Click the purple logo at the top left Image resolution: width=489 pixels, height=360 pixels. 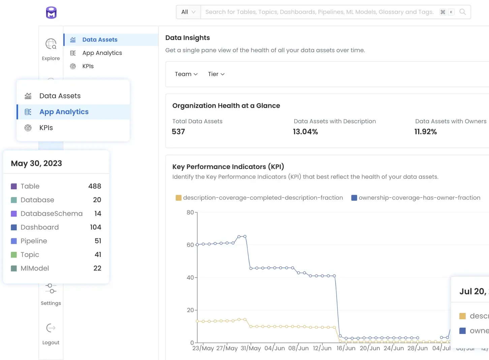[51, 12]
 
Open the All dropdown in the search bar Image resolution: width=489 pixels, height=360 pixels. [188, 12]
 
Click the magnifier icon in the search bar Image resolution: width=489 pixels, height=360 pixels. [463, 12]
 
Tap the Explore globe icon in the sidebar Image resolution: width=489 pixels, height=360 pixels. [51, 44]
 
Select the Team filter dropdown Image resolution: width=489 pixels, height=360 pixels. [186, 74]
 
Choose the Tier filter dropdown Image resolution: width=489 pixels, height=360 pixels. [216, 74]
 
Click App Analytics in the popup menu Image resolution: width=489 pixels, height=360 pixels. [64, 112]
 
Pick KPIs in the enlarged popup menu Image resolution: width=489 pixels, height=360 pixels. [46, 128]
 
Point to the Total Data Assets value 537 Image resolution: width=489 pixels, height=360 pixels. [178, 132]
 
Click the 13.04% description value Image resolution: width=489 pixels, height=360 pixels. [305, 132]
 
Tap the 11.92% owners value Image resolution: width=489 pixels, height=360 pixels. [426, 132]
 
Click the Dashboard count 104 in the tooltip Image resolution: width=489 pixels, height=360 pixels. [95, 227]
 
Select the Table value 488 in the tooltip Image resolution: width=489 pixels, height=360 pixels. [95, 186]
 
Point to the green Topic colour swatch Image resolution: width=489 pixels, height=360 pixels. [14, 255]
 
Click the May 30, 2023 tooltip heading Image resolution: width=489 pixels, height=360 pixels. [36, 163]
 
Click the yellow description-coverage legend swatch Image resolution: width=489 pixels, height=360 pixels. [179, 198]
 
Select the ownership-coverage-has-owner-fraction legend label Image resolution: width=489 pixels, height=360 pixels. [419, 198]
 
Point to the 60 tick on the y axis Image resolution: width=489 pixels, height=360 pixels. [190, 245]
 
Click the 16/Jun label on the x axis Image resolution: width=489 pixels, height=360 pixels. [346, 348]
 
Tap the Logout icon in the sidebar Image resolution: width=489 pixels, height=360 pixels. [51, 328]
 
